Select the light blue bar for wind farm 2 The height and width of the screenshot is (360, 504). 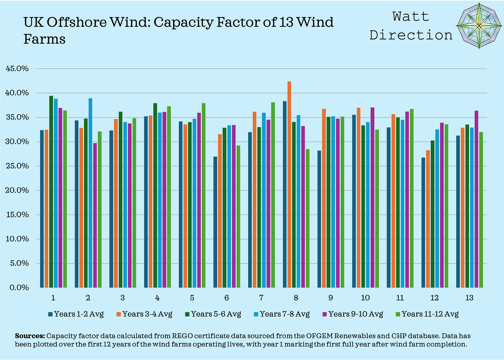pos(90,193)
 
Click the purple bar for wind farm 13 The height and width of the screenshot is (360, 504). pos(476,199)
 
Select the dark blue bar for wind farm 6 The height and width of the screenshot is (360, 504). pos(215,222)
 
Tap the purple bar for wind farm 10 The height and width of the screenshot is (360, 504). pos(372,197)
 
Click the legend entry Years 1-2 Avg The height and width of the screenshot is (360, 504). pos(76,314)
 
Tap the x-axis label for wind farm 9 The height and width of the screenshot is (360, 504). pos(331,298)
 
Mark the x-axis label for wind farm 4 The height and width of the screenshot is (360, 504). pos(157,298)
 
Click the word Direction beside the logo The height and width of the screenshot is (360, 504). pos(411,35)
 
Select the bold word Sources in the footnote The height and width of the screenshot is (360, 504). pos(30,336)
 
